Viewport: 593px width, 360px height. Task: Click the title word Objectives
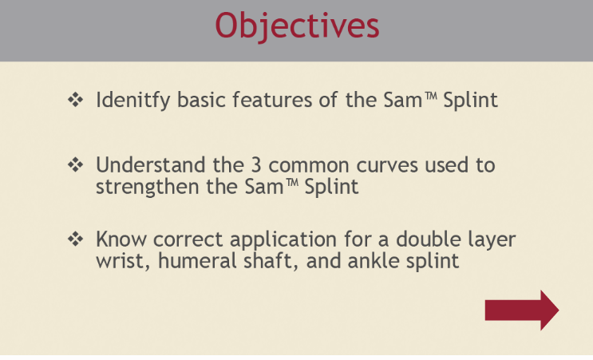click(297, 26)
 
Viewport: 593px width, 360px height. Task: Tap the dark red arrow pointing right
click(522, 310)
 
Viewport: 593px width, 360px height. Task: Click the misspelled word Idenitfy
click(132, 101)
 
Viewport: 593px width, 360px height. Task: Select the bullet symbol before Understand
click(76, 165)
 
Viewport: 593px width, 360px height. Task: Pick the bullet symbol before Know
click(76, 239)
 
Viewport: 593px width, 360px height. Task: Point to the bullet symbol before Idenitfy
click(76, 100)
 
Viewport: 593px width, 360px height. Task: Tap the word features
click(272, 100)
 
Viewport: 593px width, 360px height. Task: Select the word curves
click(387, 165)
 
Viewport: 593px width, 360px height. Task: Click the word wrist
click(123, 262)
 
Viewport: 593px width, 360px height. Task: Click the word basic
click(202, 100)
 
